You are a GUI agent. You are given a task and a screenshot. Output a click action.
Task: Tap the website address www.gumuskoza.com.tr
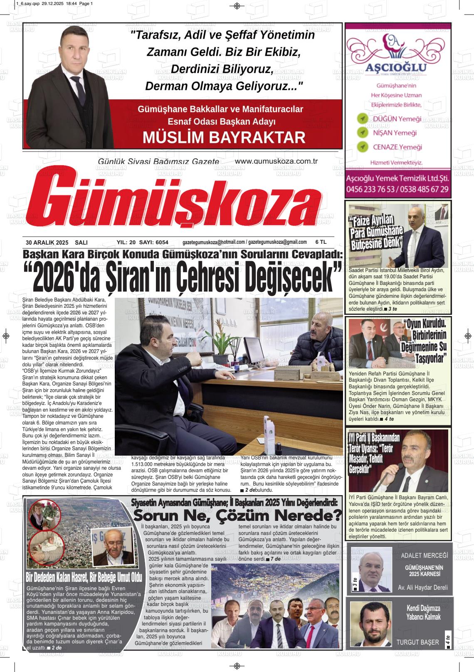coord(276,161)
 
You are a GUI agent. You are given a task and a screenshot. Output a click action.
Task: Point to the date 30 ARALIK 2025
coord(47,242)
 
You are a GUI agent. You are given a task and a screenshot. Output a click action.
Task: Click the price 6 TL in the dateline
coord(321,242)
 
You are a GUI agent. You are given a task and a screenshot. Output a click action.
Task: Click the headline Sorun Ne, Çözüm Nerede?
coord(237,515)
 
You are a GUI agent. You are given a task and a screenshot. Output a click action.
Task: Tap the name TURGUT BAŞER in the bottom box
coord(417,642)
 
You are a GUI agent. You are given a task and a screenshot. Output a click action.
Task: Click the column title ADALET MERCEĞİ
coord(424,555)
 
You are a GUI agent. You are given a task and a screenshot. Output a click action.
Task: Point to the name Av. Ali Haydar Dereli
coord(422,588)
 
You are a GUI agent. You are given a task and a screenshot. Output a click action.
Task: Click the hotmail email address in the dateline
coord(213,242)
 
